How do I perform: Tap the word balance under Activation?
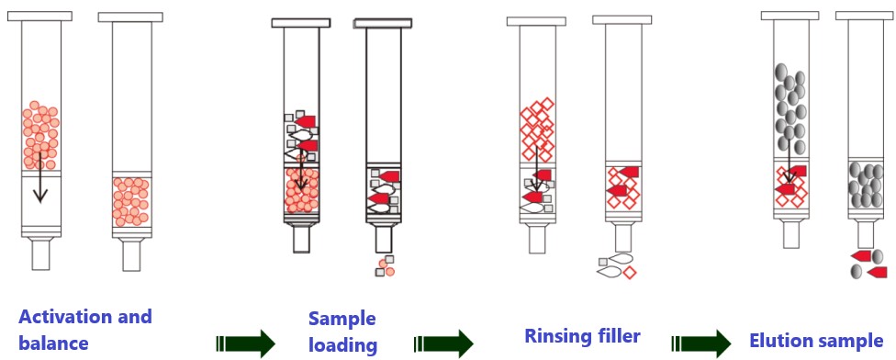point(54,343)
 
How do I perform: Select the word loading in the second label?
point(342,345)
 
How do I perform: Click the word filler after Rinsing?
point(618,335)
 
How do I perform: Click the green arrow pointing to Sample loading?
point(246,343)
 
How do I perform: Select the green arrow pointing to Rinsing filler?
point(443,343)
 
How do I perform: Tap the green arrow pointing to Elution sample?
point(701,343)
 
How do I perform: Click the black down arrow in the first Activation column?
point(39,177)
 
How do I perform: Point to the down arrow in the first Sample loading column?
point(300,170)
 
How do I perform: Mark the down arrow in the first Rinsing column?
point(536,168)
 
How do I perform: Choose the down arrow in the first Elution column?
point(790,160)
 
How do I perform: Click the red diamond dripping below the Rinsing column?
point(629,273)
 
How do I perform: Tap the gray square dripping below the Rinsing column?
point(603,262)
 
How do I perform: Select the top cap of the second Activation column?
point(130,17)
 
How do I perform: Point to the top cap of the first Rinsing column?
point(536,21)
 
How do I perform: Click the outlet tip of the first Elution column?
point(791,234)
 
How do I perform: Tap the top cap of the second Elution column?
point(865,16)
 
